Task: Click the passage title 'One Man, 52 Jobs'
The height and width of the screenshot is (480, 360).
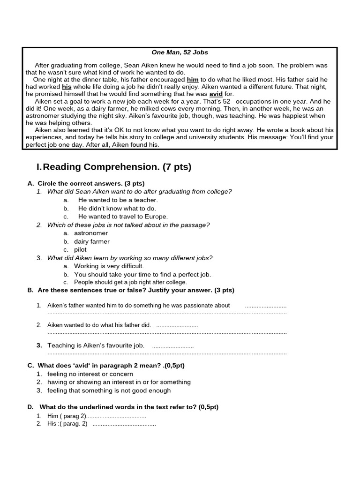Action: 180,52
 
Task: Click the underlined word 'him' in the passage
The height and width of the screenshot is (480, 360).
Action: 193,80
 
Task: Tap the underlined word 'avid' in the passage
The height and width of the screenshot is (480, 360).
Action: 216,94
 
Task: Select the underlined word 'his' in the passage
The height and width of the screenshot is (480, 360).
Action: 67,87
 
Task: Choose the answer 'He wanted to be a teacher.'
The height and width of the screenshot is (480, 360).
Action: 118,200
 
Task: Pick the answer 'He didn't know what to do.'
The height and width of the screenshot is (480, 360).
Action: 117,209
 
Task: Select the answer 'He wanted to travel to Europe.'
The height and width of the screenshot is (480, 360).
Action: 123,217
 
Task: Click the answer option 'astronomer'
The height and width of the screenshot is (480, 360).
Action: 91,233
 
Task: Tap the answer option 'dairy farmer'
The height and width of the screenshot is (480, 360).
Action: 92,241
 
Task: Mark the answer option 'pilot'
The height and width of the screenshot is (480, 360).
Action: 80,249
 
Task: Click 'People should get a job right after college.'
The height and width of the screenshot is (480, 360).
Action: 130,282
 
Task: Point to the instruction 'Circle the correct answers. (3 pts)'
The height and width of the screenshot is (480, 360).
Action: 91,183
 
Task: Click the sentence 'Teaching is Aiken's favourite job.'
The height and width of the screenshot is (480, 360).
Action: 96,345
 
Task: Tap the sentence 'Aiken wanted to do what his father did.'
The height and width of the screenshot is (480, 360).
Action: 99,325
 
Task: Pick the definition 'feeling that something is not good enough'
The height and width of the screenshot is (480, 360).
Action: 109,390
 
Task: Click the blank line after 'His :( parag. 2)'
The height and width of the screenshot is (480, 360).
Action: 124,424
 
